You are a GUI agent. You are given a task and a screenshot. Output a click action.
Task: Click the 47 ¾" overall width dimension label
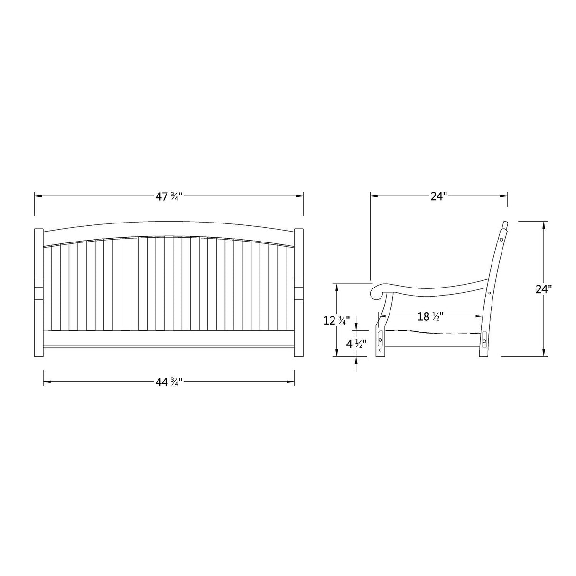point(168,196)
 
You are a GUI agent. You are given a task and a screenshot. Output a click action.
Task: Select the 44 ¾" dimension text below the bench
point(168,382)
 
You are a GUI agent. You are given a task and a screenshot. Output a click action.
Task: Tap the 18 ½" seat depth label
point(430,316)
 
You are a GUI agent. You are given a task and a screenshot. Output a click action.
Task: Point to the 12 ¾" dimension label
point(336,321)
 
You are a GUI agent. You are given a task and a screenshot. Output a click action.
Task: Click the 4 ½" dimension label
point(356,344)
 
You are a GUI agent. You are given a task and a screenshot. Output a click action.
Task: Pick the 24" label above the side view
point(438,196)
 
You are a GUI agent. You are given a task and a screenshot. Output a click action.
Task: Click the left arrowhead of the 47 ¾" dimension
point(38,196)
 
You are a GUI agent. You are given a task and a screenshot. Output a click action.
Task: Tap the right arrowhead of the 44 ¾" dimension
point(290,382)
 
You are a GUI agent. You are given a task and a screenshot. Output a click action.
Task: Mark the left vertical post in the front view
point(39,293)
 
